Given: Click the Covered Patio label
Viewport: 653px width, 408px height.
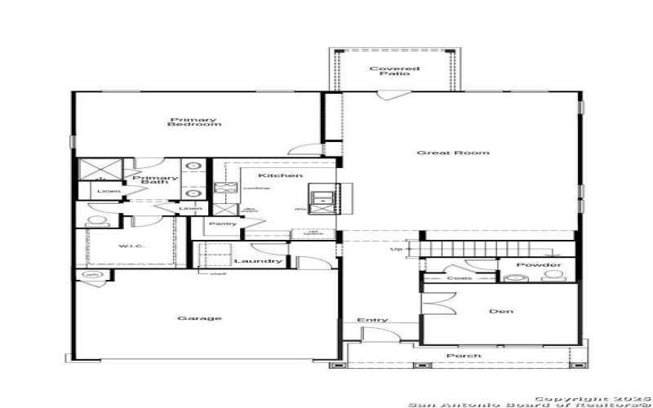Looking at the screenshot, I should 394,71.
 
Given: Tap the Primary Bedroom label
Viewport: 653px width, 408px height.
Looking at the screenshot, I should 194,122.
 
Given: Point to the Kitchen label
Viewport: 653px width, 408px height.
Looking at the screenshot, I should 269,175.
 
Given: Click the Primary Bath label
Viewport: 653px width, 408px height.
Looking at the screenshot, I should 155,180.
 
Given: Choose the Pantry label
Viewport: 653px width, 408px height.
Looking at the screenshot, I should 223,224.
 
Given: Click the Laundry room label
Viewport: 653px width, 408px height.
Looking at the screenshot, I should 258,261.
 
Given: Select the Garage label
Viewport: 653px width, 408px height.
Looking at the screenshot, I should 199,318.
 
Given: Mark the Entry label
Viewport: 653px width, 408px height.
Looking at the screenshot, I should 372,320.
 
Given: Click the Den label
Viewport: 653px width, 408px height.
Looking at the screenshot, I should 500,311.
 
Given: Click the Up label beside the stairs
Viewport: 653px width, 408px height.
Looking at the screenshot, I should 397,250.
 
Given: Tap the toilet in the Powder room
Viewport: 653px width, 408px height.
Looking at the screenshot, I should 515,278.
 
